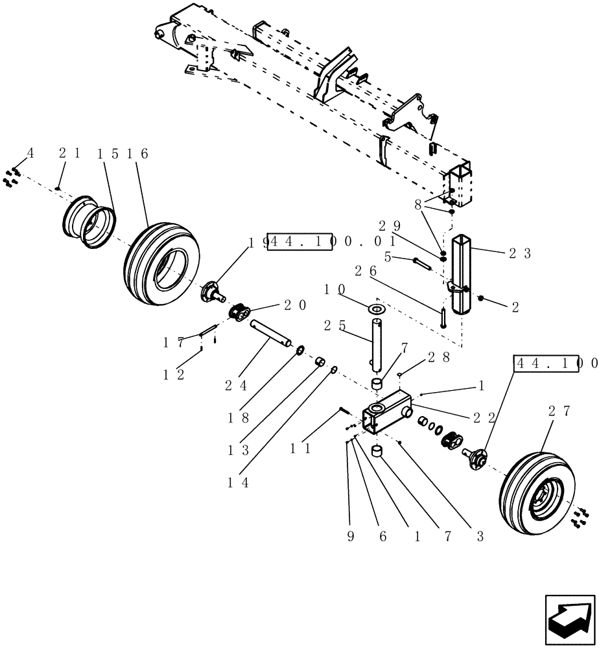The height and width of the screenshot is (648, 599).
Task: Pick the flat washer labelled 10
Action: pos(376,307)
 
